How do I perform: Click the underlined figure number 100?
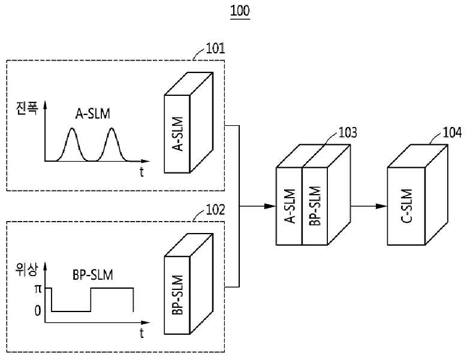tap(240, 11)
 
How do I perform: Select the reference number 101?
tap(215, 49)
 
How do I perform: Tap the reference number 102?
tap(215, 210)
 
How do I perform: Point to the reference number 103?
tap(348, 133)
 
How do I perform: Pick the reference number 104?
tap(452, 133)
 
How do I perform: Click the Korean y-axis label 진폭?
tap(27, 108)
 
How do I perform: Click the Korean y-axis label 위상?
tap(27, 270)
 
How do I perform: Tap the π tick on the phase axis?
tap(38, 289)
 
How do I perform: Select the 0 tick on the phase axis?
tap(38, 311)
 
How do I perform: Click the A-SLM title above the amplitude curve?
tap(93, 114)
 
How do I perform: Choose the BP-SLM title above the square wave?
tap(93, 275)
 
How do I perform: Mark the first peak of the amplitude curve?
tap(72, 129)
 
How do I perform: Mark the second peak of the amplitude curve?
tap(112, 129)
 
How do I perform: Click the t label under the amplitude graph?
tap(141, 172)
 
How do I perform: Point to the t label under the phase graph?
tap(141, 333)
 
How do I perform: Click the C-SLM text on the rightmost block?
tap(406, 206)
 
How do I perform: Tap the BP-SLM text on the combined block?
tap(315, 206)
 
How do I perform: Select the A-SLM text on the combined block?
tap(290, 206)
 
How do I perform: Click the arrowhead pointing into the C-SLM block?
tap(381, 206)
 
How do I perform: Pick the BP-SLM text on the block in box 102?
tap(177, 295)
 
